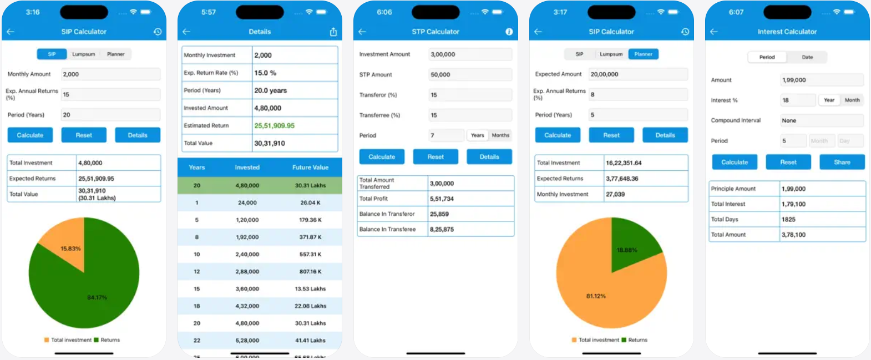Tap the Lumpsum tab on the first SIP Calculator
[83, 54]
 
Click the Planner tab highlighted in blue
[643, 54]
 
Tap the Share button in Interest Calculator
[842, 162]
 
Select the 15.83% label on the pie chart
[70, 249]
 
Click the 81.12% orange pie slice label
[596, 296]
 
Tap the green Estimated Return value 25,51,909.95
[275, 126]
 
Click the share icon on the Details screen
[333, 32]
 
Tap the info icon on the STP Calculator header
[509, 32]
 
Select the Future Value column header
[310, 168]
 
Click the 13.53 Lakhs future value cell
[310, 289]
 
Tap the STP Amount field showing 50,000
[470, 74]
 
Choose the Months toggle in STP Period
[500, 135]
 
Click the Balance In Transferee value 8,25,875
[442, 229]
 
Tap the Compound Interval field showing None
[821, 120]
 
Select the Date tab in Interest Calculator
[807, 57]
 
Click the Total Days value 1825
[788, 219]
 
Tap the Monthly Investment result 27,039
[615, 194]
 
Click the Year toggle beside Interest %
[829, 100]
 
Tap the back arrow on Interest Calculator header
[714, 32]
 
